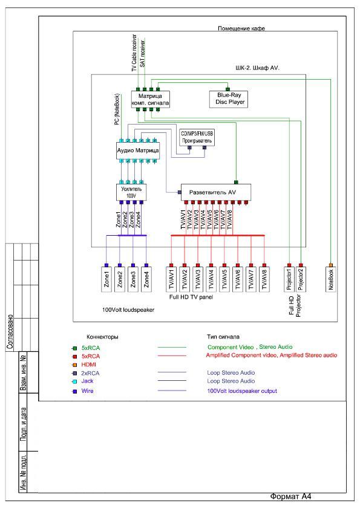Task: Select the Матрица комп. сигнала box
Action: pyautogui.click(x=151, y=99)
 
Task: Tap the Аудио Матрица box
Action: pyautogui.click(x=138, y=151)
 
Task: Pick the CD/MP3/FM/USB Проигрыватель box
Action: pyautogui.click(x=197, y=137)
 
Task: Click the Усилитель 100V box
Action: pyautogui.click(x=131, y=192)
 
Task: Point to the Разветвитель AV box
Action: pyautogui.click(x=216, y=192)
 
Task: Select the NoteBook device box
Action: pyautogui.click(x=331, y=279)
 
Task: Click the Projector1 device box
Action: pyautogui.click(x=289, y=279)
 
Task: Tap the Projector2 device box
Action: pyautogui.click(x=301, y=279)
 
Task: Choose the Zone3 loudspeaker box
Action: pyautogui.click(x=133, y=279)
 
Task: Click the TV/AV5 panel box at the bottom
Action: pyautogui.click(x=224, y=279)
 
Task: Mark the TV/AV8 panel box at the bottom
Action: pyautogui.click(x=264, y=279)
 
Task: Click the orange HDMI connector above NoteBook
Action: pyautogui.click(x=331, y=265)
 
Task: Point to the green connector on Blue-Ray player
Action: pyautogui.click(x=227, y=89)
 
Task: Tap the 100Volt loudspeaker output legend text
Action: pyautogui.click(x=242, y=391)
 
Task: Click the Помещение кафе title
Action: pyautogui.click(x=241, y=28)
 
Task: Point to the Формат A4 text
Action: pyautogui.click(x=290, y=496)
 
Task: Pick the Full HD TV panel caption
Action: pyautogui.click(x=191, y=297)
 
